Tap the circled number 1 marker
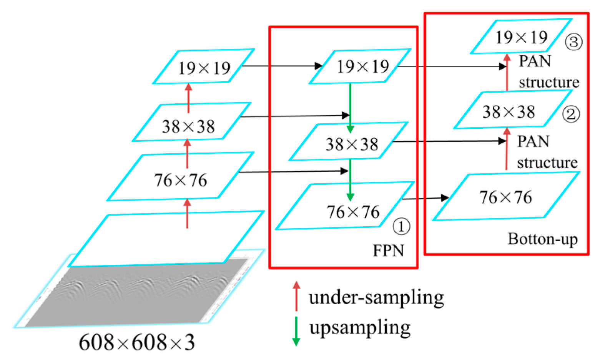401,227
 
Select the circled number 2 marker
571,114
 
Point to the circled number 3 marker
573,41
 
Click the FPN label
388,251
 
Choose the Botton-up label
542,239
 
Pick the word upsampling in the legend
360,328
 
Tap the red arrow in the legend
296,295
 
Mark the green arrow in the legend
296,331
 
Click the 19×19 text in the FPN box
363,67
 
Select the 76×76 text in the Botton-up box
505,197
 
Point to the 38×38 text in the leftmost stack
188,126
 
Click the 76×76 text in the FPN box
353,212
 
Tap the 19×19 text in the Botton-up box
521,38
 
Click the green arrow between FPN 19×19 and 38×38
350,108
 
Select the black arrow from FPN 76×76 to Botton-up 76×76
425,198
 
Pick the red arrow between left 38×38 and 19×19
188,98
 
